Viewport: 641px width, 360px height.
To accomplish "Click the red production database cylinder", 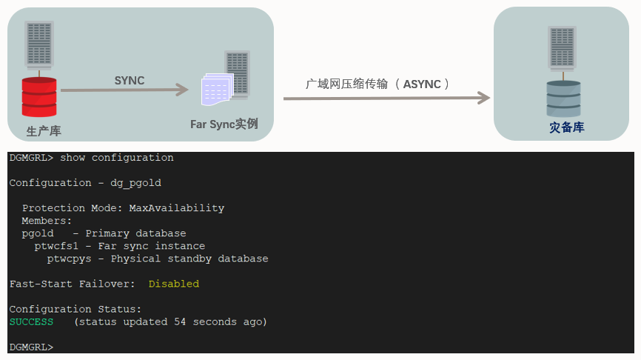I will pyautogui.click(x=38, y=96).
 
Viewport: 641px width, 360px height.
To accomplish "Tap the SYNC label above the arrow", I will pyautogui.click(x=130, y=80).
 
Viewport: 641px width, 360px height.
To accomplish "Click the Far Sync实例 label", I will pyautogui.click(x=224, y=124).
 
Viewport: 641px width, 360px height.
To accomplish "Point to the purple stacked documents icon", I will pyautogui.click(x=217, y=89).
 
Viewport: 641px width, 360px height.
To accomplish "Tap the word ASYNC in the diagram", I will pyautogui.click(x=421, y=84).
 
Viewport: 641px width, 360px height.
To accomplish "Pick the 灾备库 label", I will pyautogui.click(x=567, y=127).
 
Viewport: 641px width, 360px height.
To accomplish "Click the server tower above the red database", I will pyautogui.click(x=39, y=46).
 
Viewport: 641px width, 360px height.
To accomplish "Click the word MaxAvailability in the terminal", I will pyautogui.click(x=176, y=208).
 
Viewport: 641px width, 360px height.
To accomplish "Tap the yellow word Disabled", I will pyautogui.click(x=173, y=284).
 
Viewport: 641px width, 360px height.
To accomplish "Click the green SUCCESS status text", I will pyautogui.click(x=31, y=321).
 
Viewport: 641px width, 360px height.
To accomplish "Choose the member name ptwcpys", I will pyautogui.click(x=69, y=259).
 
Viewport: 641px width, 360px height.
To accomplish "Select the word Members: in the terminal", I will pyautogui.click(x=47, y=221).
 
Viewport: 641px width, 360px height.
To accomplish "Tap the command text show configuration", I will pyautogui.click(x=116, y=157).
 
